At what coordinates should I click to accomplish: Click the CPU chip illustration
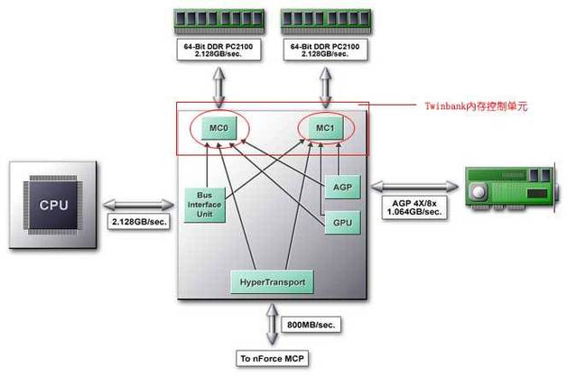53,205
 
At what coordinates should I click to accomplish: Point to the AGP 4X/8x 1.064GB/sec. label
412,207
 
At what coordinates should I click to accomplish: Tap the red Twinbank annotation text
475,106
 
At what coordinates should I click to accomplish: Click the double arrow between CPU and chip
136,202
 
